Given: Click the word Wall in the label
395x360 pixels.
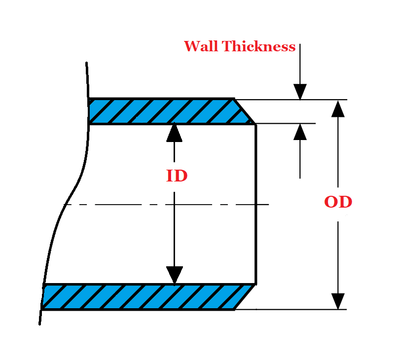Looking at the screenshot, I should pyautogui.click(x=201, y=47).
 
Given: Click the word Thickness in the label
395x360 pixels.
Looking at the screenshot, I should pyautogui.click(x=258, y=47).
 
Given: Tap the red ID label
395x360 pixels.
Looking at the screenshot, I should pyautogui.click(x=177, y=176).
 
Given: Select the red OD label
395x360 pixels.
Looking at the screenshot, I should pyautogui.click(x=338, y=202).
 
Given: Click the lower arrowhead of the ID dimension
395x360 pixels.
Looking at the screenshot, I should pyautogui.click(x=174, y=275).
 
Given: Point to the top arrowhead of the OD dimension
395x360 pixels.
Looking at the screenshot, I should pyautogui.click(x=338, y=108).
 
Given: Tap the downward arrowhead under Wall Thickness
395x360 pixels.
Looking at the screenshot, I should pyautogui.click(x=300, y=92).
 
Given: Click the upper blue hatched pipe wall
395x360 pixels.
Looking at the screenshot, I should pyautogui.click(x=158, y=111).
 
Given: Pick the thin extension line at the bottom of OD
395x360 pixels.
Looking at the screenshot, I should pyautogui.click(x=296, y=310).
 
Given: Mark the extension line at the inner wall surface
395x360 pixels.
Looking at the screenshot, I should pyautogui.click(x=286, y=123).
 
